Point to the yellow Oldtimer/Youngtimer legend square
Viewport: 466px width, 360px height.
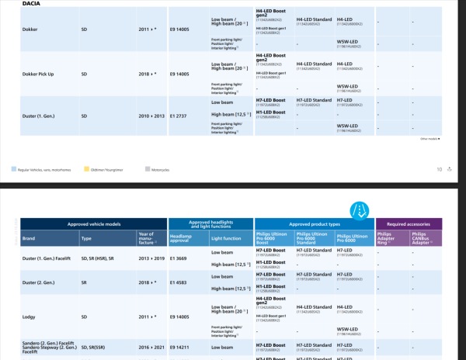point(85,168)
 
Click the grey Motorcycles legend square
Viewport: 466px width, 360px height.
point(147,168)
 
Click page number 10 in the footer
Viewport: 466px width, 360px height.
point(439,168)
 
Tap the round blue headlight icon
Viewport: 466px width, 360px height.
point(360,209)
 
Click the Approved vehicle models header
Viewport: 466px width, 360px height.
point(93,223)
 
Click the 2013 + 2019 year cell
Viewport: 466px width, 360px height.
point(151,258)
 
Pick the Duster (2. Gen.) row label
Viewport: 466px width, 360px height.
point(43,283)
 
